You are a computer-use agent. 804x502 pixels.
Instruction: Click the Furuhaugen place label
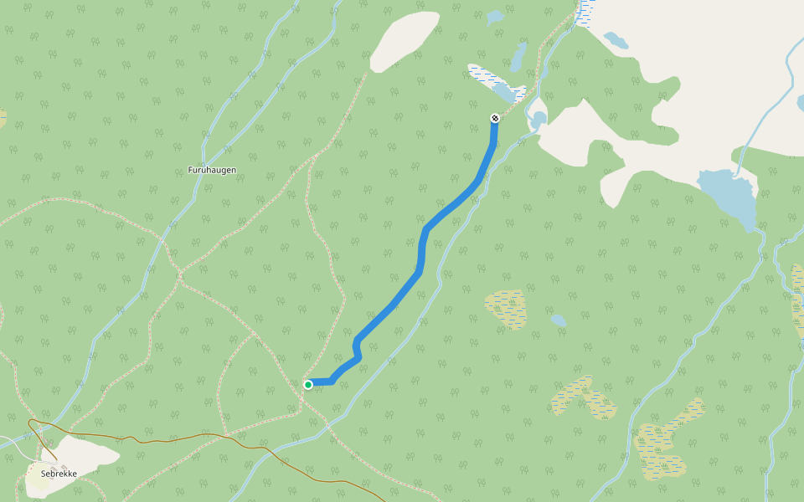tap(212, 170)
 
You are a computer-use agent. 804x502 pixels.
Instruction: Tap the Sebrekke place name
tap(59, 474)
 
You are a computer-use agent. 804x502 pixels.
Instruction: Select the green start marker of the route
tap(308, 385)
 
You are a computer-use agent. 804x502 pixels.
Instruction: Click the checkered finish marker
tap(495, 118)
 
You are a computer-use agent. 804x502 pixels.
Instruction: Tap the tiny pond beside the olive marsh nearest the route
tap(558, 320)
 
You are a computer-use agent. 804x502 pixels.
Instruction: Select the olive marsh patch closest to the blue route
tap(508, 309)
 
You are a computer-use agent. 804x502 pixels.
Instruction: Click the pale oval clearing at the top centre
tap(405, 40)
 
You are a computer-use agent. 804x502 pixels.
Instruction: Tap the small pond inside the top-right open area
tap(616, 39)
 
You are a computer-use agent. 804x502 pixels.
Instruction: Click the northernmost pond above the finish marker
tap(496, 16)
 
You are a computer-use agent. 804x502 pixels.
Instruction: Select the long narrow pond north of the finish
tap(518, 58)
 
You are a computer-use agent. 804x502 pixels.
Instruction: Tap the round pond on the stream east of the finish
tap(538, 120)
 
